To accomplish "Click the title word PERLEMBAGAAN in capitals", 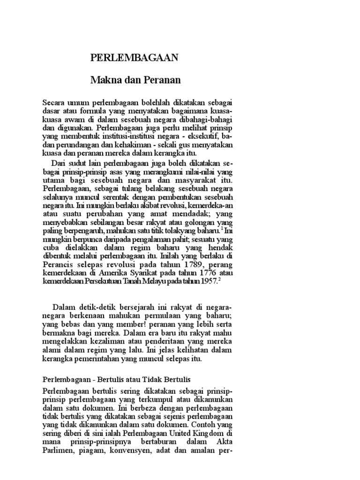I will (134, 58).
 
